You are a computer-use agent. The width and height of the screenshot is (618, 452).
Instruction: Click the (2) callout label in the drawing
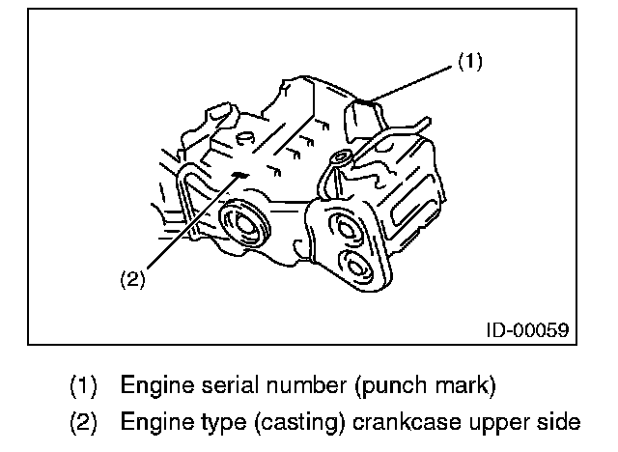(x=132, y=280)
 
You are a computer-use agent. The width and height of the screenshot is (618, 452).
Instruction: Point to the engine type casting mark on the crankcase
(x=239, y=174)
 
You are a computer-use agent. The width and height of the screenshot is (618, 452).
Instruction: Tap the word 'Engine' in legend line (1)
(x=154, y=386)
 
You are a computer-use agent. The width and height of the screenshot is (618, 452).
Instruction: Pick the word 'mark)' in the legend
(x=466, y=386)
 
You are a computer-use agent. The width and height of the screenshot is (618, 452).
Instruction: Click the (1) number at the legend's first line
(x=83, y=386)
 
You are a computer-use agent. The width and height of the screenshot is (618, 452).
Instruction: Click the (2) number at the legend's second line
(x=83, y=422)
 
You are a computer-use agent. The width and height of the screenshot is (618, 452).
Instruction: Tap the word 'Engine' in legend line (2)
(x=154, y=422)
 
